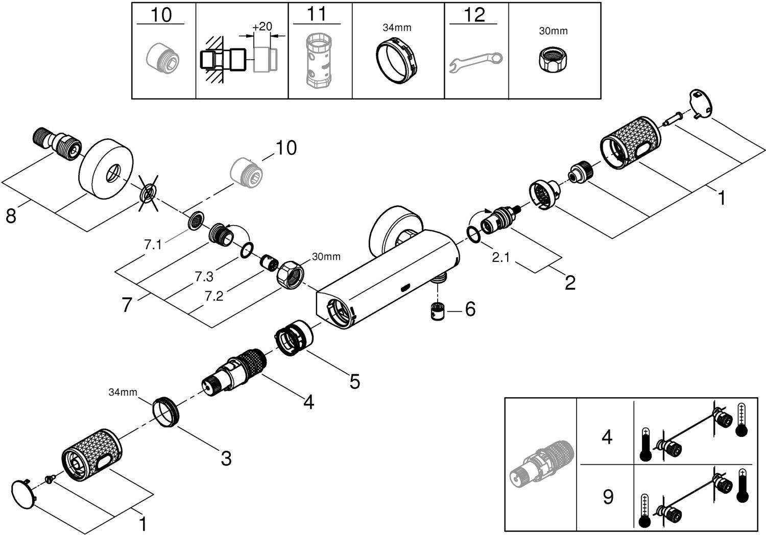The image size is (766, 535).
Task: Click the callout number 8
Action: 11,216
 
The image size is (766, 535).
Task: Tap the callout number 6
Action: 470,309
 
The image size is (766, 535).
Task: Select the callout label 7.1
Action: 153,245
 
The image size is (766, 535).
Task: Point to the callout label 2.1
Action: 500,258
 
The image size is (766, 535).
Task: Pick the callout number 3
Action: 226,458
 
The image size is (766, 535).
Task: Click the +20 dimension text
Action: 262,27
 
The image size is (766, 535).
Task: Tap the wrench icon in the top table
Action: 475,62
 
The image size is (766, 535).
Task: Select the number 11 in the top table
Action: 317,14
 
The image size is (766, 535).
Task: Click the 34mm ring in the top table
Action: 398,60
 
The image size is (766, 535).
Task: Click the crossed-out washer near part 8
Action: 148,193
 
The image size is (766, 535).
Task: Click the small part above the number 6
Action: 437,312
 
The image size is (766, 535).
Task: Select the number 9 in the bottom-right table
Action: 608,496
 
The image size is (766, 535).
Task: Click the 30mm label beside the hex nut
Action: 326,257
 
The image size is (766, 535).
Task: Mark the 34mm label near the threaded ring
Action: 123,392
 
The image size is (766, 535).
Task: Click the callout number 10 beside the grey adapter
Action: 285,148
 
